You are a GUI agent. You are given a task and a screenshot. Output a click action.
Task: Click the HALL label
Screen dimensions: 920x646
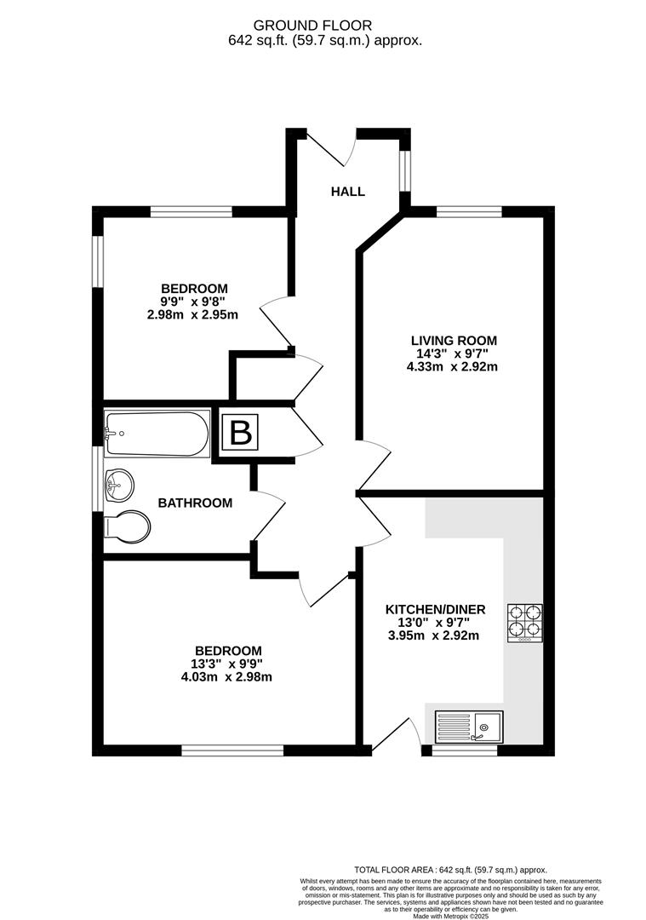[348, 192]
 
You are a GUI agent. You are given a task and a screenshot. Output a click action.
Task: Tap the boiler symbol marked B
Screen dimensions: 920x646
[241, 434]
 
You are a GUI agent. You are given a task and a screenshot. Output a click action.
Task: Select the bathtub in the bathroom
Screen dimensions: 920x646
[157, 434]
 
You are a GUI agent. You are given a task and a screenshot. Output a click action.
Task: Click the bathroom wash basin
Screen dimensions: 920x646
[118, 487]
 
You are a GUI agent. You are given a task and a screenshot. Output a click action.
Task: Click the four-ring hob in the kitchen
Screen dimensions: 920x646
[525, 623]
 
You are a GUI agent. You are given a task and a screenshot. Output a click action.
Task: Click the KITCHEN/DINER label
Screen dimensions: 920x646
[435, 609]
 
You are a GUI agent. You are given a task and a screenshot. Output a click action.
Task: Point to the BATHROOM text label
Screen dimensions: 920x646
[195, 503]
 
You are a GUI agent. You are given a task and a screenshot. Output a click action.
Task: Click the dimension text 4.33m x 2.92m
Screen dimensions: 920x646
[452, 367]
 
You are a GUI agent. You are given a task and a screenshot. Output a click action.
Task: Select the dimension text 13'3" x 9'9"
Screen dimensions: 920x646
[226, 664]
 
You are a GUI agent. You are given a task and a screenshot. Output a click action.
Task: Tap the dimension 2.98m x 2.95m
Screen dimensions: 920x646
[192, 314]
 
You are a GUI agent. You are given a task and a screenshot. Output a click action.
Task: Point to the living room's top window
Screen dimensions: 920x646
[469, 211]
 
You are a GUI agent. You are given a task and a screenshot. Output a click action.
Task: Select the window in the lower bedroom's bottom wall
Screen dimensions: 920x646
[232, 750]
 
